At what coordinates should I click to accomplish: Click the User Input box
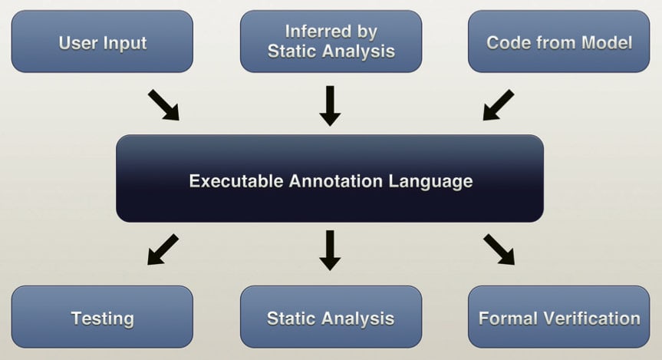[102, 41]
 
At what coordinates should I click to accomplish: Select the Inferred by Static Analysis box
[331, 41]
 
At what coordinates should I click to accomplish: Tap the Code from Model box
[559, 41]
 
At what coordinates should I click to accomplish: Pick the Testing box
[102, 317]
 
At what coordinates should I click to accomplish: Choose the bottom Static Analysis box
[331, 317]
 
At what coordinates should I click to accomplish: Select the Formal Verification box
[559, 317]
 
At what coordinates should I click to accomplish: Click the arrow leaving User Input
[163, 104]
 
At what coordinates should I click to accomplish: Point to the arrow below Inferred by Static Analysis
[330, 105]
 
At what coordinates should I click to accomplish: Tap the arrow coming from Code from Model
[498, 104]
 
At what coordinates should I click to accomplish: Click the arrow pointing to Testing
[163, 249]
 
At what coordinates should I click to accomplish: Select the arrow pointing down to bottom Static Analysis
[330, 249]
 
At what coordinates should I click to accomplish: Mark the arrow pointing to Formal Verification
[499, 249]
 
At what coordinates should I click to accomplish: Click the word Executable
[235, 182]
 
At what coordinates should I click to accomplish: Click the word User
[76, 42]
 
